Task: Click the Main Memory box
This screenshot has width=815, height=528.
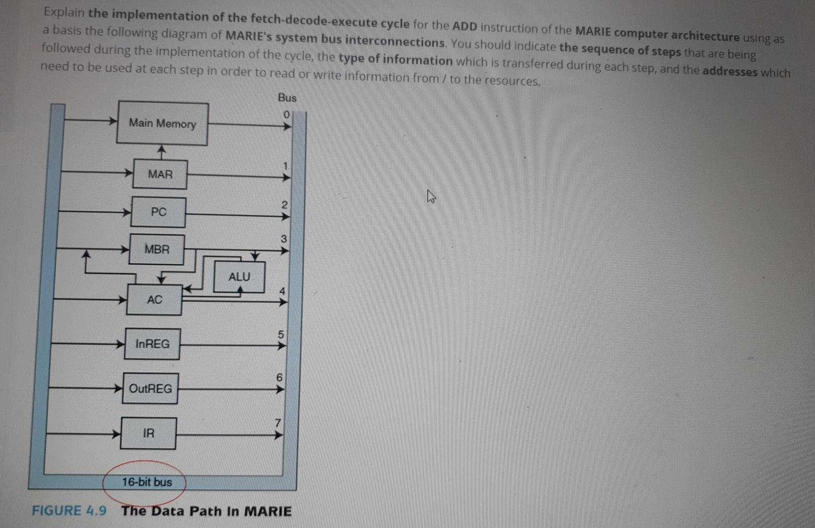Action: point(162,124)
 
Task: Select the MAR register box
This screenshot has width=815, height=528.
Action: point(160,175)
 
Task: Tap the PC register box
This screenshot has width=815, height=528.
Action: point(158,212)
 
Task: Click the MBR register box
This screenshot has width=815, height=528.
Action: point(157,249)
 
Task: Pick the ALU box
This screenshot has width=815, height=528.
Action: point(239,277)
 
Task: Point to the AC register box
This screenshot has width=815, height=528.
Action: point(154,300)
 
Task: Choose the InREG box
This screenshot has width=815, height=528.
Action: point(152,344)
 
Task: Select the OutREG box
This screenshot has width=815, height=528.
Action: point(150,389)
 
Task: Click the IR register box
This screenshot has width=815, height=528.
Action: point(148,433)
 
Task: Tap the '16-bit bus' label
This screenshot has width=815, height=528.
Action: point(146,482)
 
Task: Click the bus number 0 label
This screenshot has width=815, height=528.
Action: point(286,115)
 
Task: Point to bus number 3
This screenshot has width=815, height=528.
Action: point(284,239)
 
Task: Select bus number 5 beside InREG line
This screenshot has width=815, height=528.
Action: point(281,334)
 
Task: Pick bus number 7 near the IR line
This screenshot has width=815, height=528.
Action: point(277,423)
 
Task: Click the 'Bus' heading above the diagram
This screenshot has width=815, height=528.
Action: point(287,98)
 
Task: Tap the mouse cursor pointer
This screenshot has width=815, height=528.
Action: point(431,196)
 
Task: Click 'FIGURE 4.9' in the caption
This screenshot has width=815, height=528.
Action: point(69,511)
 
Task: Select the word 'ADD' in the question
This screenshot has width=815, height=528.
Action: point(464,26)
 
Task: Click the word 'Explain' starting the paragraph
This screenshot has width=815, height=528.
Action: point(64,12)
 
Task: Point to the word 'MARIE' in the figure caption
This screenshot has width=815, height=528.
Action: point(268,511)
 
